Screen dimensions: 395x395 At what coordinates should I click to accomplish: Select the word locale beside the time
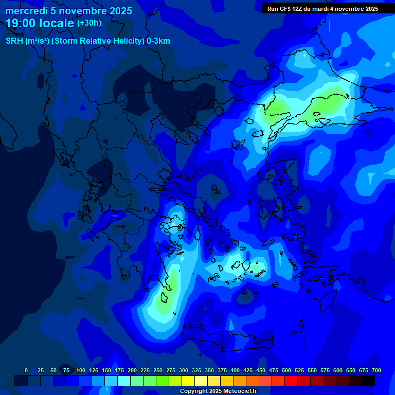57,23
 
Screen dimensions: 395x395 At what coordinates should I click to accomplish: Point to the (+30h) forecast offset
89,23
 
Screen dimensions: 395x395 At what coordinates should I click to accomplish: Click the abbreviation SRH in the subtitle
14,41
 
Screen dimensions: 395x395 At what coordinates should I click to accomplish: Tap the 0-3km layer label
158,41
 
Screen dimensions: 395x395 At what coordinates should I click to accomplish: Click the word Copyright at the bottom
194,391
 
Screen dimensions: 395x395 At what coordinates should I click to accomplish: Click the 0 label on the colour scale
26,370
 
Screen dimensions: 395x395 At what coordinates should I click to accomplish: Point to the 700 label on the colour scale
376,370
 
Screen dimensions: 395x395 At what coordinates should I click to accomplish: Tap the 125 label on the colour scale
94,370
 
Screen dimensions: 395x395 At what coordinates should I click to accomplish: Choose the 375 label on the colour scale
222,370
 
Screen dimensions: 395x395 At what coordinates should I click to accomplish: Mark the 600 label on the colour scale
338,370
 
